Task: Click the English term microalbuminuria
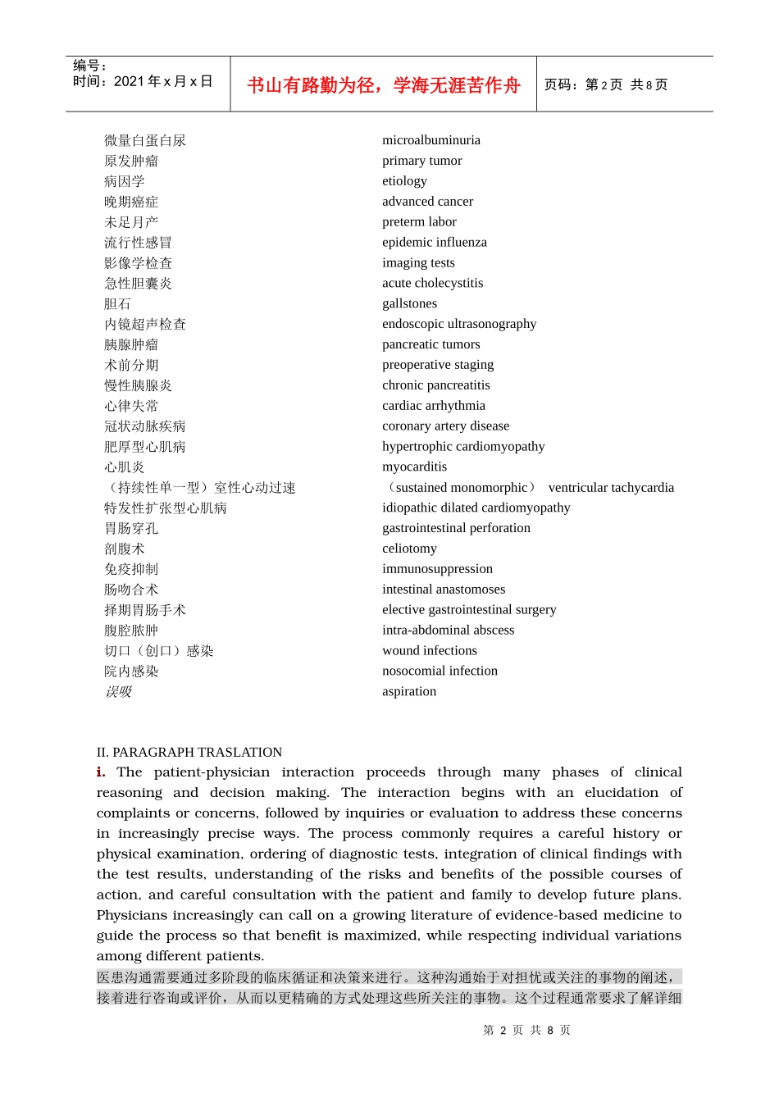point(431,140)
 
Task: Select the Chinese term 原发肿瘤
point(131,161)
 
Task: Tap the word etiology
point(404,181)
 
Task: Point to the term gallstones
point(409,303)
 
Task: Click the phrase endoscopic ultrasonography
point(459,324)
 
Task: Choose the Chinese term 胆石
point(117,304)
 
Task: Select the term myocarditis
point(414,467)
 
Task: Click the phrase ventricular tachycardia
point(611,488)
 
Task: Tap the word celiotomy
point(409,549)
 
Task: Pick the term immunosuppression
point(437,569)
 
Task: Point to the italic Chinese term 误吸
point(118,692)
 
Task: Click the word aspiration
point(409,691)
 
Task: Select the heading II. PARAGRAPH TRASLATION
point(189,752)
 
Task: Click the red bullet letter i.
point(100,772)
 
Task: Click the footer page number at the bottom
point(526,1030)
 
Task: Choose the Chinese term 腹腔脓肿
point(131,631)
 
